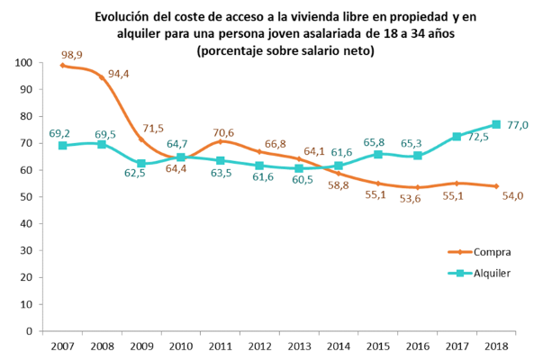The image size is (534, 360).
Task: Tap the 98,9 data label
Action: click(72, 55)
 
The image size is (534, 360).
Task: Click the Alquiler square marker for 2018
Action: click(495, 125)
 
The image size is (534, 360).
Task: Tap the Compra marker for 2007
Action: click(62, 66)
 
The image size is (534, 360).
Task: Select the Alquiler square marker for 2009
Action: click(141, 164)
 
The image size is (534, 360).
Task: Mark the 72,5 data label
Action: click(476, 137)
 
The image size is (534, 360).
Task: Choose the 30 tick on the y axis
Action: click(27, 251)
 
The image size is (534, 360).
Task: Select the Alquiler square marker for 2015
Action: click(377, 155)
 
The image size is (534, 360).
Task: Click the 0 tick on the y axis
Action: click(31, 331)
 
